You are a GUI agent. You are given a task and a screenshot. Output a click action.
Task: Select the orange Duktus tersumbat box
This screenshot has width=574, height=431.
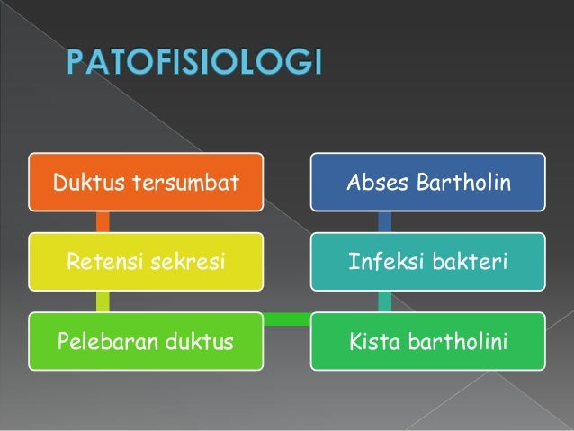pos(145,184)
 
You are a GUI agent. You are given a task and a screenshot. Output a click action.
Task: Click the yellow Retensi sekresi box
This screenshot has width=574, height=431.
pos(145,262)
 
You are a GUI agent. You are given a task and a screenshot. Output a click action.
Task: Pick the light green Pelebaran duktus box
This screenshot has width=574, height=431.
pos(145,341)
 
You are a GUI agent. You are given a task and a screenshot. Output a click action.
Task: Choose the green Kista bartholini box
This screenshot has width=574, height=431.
pos(427,341)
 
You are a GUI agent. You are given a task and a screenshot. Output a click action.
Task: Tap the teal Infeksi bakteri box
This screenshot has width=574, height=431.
pos(427,262)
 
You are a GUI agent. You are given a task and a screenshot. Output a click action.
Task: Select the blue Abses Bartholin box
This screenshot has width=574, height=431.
pos(427,184)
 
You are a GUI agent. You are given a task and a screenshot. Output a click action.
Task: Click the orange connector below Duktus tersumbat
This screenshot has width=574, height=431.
pos(102,222)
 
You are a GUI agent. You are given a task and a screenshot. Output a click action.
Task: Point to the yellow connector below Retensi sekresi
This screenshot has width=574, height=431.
pos(102,301)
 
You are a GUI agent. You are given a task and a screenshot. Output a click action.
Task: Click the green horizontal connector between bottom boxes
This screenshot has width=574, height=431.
pos(286,318)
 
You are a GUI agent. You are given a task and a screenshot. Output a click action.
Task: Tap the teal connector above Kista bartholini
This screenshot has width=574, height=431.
pos(384,301)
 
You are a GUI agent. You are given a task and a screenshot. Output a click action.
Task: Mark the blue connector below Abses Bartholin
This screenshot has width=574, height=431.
pos(384,222)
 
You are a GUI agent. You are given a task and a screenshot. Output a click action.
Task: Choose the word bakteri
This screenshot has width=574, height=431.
pos(473,263)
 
